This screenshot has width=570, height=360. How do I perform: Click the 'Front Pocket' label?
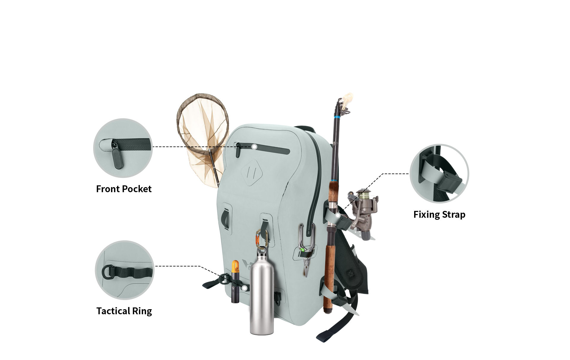[124, 189]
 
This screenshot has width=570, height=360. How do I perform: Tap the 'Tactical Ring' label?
[124, 311]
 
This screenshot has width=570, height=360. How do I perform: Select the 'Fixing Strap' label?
[439, 214]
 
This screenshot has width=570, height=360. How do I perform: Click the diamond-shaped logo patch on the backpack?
[252, 173]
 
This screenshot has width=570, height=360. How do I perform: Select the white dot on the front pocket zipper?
[254, 147]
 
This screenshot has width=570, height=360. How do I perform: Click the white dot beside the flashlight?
[244, 288]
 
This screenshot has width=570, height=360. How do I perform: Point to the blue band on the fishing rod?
[337, 118]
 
